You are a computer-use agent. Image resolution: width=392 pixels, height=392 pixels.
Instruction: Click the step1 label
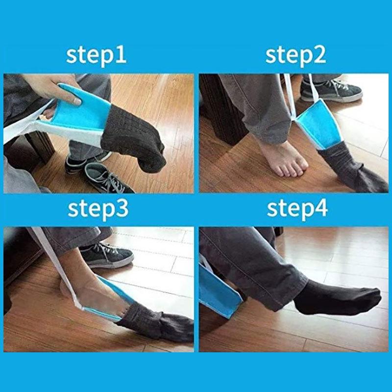point(97,55)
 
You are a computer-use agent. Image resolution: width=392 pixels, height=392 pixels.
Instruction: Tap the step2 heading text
point(295,55)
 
